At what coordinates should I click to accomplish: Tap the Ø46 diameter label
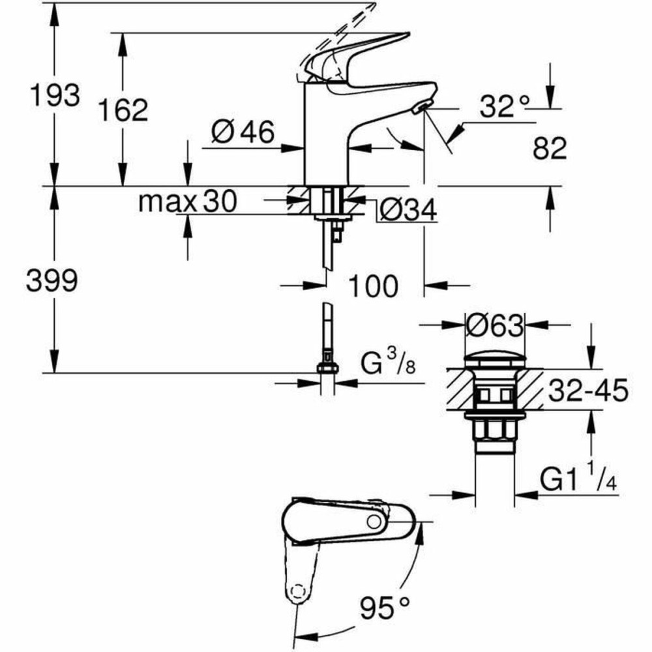click(243, 133)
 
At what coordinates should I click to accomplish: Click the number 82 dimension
click(550, 150)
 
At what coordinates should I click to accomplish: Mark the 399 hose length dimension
click(52, 282)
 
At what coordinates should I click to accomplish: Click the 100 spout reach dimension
click(372, 285)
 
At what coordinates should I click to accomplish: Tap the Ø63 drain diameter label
click(496, 324)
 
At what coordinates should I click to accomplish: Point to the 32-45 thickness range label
click(587, 391)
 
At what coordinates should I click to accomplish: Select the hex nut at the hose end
click(328, 368)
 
